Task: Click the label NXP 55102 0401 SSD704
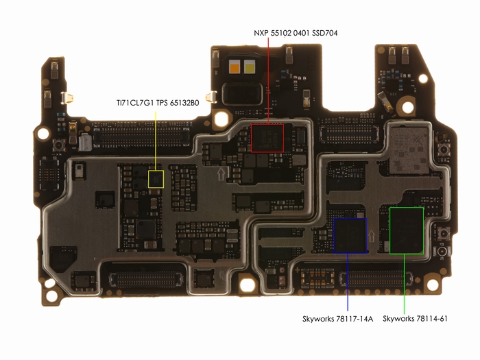point(296,33)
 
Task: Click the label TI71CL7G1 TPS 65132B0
point(158,103)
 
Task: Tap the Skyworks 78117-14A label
point(337,319)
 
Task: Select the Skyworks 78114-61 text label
point(415,319)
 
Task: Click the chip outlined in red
point(267,138)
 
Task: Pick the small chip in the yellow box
point(156,179)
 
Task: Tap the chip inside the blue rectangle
point(350,236)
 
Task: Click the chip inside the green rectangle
point(407,231)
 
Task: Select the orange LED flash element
point(235,67)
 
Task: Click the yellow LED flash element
point(250,67)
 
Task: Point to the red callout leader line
point(269,81)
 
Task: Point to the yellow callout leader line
point(156,141)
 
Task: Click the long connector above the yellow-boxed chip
point(142,136)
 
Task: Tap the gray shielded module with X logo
point(409,150)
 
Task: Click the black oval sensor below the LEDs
point(243,93)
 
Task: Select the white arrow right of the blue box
point(372,236)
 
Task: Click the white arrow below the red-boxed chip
point(221,173)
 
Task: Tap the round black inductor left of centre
point(145,229)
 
